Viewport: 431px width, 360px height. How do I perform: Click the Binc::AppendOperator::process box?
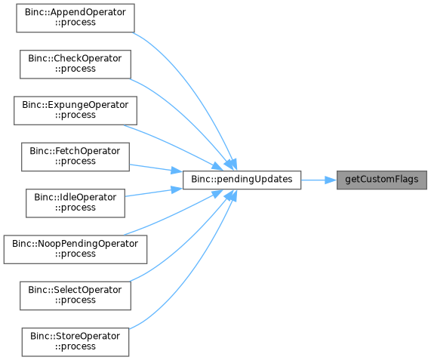point(75,18)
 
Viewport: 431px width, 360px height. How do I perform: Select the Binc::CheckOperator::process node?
point(75,64)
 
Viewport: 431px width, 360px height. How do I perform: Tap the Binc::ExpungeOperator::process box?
point(75,110)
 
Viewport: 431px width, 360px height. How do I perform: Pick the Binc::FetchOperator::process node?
point(75,157)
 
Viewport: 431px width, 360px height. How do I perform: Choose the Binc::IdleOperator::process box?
point(75,203)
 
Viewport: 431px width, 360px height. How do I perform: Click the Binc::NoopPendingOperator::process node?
point(75,250)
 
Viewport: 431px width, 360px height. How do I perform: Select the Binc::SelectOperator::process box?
point(75,296)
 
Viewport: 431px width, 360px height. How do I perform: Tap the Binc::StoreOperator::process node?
point(75,342)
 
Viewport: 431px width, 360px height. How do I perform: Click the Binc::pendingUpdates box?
point(242,180)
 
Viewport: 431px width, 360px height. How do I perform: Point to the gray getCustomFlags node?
point(382,180)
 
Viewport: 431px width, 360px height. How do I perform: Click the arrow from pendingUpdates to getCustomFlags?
point(319,180)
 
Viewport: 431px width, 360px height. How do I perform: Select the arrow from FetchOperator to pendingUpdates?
point(155,168)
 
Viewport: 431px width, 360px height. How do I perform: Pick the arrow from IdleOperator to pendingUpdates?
point(153,192)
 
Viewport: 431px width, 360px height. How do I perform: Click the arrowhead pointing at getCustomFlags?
point(331,180)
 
